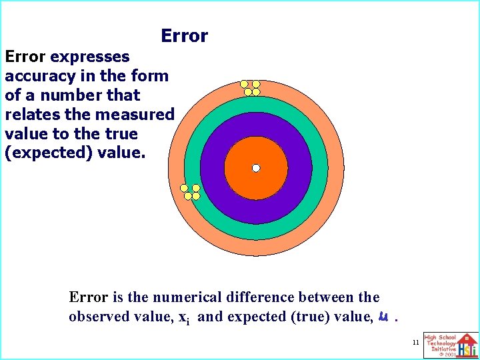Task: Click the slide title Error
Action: click(x=185, y=36)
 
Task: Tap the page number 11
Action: click(x=415, y=342)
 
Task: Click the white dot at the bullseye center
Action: click(x=255, y=169)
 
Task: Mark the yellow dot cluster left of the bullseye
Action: click(x=191, y=192)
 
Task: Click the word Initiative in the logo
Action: click(x=443, y=349)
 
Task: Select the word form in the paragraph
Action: click(x=149, y=75)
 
